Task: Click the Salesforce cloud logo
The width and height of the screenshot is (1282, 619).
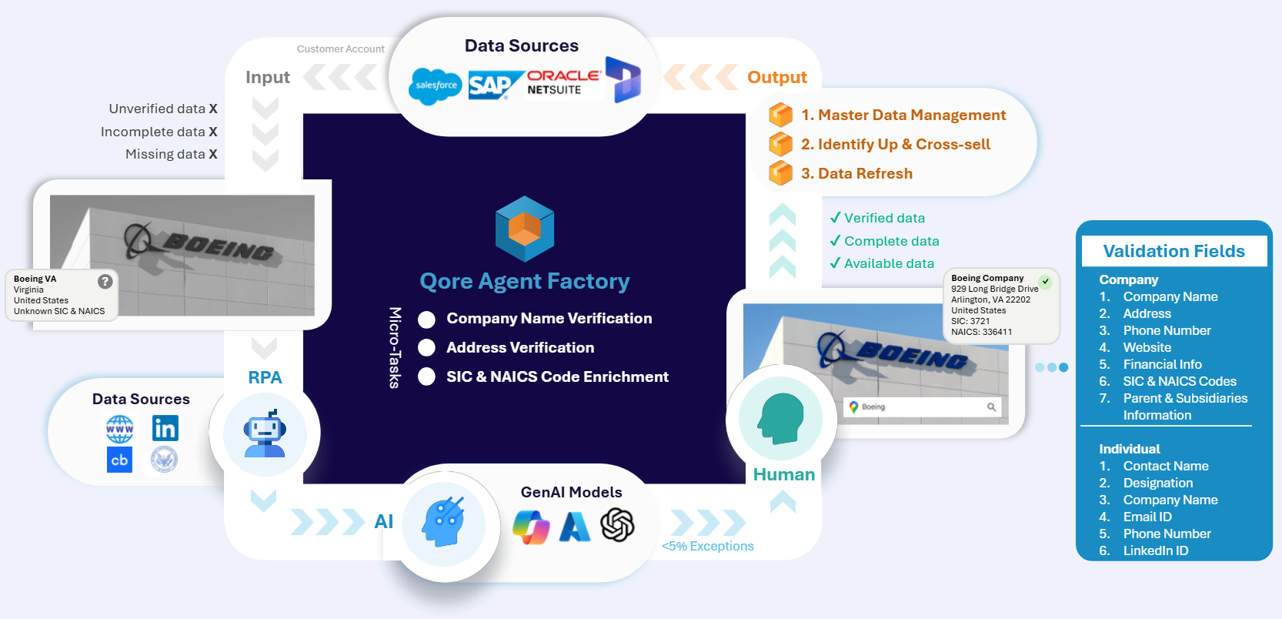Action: [436, 85]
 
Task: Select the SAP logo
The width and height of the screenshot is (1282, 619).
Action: [491, 85]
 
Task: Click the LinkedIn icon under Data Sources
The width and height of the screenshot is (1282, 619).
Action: [165, 428]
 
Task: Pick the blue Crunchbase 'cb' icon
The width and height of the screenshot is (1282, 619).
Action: [119, 460]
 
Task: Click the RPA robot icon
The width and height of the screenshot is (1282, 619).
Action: [265, 433]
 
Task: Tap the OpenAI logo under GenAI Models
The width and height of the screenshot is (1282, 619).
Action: [617, 525]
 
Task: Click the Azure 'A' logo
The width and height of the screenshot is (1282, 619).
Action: [575, 527]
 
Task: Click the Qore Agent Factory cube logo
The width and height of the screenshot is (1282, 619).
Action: [525, 229]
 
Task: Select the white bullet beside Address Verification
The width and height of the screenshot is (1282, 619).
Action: [426, 348]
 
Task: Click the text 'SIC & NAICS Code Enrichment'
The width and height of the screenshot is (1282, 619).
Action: [557, 376]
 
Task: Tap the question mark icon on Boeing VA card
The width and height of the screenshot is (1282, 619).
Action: [105, 282]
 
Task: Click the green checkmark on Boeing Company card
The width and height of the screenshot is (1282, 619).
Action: [1046, 281]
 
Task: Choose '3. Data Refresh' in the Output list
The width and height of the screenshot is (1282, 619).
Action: [856, 173]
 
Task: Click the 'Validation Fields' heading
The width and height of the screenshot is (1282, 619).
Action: [1173, 251]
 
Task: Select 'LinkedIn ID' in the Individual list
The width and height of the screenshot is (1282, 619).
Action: [1155, 550]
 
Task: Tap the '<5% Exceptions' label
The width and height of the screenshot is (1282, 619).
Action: [708, 546]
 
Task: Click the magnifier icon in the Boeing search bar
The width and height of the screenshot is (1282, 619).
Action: [991, 407]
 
